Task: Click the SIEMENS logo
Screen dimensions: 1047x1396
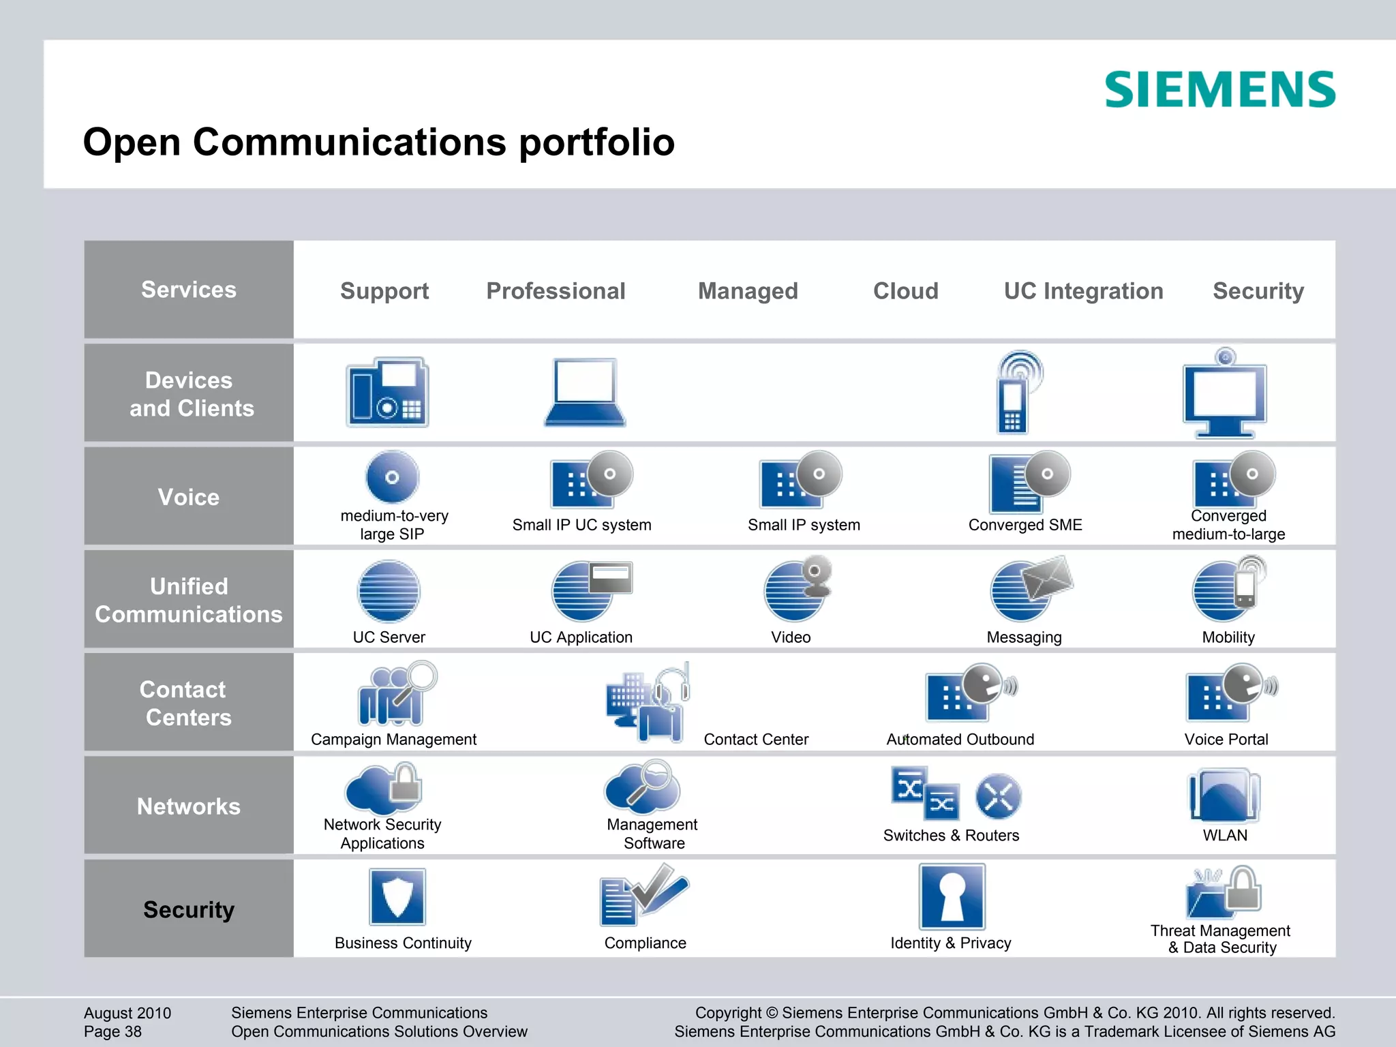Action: (x=1219, y=90)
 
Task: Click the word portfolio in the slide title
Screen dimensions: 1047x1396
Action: (x=596, y=142)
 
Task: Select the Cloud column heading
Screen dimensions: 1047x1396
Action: (x=905, y=291)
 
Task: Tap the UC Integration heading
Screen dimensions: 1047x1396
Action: (x=1083, y=291)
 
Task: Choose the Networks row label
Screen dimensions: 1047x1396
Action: (x=189, y=806)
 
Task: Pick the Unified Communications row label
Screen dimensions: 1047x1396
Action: (x=189, y=600)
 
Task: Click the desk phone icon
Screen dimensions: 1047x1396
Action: (x=387, y=393)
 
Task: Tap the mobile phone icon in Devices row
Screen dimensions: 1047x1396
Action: (x=1016, y=393)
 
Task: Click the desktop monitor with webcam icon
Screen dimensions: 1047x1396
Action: (x=1225, y=394)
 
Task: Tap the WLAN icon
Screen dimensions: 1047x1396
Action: (x=1225, y=795)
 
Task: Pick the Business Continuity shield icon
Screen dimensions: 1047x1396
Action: (x=397, y=896)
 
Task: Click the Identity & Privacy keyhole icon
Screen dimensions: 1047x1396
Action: (x=952, y=896)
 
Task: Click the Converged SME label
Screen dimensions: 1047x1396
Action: (x=1025, y=525)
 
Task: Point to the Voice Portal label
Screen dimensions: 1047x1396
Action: (x=1226, y=740)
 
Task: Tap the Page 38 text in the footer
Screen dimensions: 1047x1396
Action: (x=113, y=1031)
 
